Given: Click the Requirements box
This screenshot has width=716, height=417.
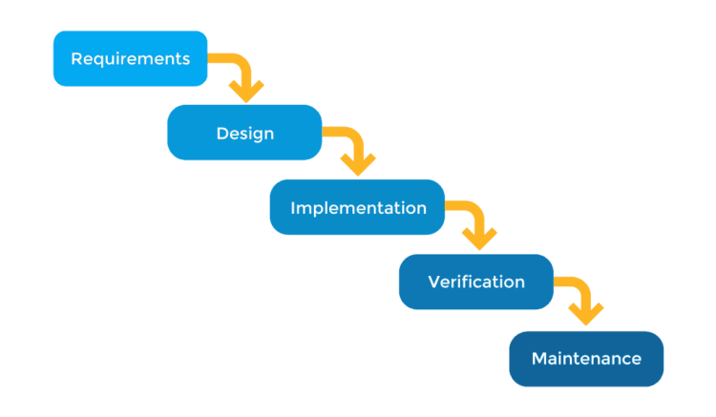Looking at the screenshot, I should pyautogui.click(x=130, y=59).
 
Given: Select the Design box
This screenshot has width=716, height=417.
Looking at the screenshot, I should pyautogui.click(x=244, y=133).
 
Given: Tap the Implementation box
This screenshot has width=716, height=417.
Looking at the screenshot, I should pyautogui.click(x=357, y=207).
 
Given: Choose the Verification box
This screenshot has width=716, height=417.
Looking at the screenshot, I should pyautogui.click(x=475, y=281).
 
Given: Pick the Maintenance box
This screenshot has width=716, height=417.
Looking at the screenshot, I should pyautogui.click(x=585, y=359).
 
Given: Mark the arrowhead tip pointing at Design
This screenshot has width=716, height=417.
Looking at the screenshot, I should pyautogui.click(x=246, y=102).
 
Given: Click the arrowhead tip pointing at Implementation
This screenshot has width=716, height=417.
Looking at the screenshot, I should pyautogui.click(x=360, y=176).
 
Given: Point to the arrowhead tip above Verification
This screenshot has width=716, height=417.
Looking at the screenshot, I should pyautogui.click(x=479, y=250).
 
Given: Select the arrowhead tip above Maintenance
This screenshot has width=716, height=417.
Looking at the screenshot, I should pyautogui.click(x=585, y=325).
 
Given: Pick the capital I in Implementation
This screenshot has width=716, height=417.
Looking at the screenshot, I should pyautogui.click(x=293, y=207).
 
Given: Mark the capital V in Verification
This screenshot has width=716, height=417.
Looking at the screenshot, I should pyautogui.click(x=434, y=281).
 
